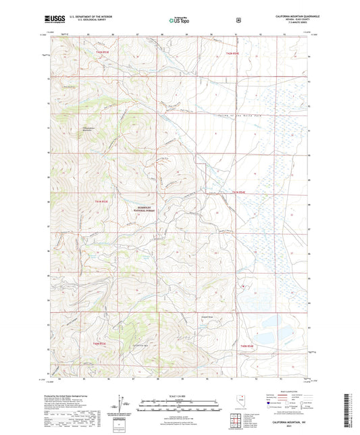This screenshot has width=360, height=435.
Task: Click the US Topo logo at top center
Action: (178, 20)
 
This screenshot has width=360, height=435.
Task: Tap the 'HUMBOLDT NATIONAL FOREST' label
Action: (148, 209)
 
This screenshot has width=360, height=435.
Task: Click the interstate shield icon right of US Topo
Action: (238, 20)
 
